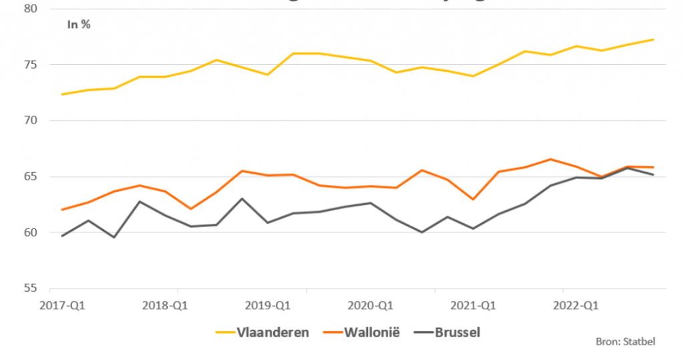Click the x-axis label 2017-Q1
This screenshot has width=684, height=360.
click(x=57, y=306)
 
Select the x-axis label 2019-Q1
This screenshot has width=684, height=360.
click(x=267, y=306)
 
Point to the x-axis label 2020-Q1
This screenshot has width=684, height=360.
click(x=371, y=306)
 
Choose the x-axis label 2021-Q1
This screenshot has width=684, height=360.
click(x=474, y=306)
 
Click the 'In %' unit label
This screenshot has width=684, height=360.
click(x=78, y=25)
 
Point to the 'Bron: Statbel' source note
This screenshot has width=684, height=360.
click(x=625, y=342)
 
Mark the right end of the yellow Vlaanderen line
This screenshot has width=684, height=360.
click(x=653, y=39)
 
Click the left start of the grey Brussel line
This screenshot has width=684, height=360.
click(x=61, y=236)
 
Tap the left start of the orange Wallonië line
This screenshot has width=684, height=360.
click(x=61, y=210)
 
